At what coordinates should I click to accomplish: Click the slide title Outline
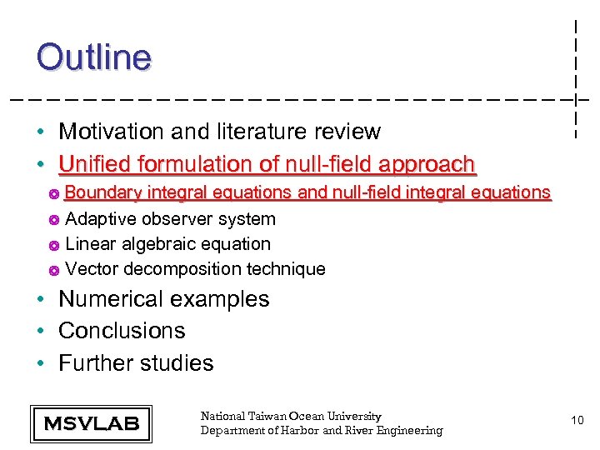tap(94, 57)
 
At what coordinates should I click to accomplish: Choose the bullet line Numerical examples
tap(163, 299)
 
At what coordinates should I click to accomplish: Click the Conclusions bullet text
tap(122, 331)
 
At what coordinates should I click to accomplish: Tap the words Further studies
tap(136, 363)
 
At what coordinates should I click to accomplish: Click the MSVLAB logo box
tap(91, 423)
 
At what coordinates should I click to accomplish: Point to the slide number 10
tap(577, 422)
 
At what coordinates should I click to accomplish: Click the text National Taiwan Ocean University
tap(291, 416)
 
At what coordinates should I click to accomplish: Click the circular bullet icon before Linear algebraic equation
tap(53, 245)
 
